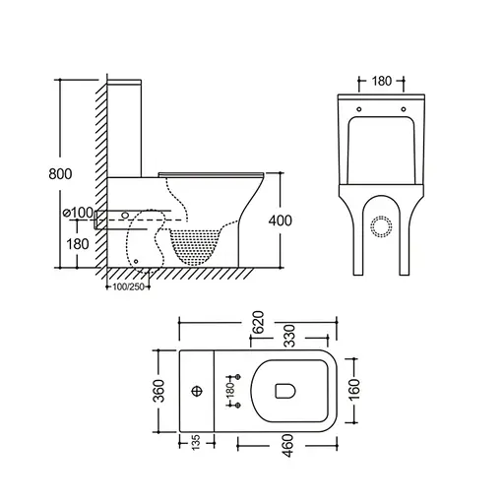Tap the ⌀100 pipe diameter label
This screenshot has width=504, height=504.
[77, 213]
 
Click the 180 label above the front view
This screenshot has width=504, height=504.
[384, 81]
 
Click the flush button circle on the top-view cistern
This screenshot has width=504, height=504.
[197, 392]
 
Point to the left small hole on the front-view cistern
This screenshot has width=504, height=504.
[359, 109]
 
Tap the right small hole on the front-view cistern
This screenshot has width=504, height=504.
[404, 109]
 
